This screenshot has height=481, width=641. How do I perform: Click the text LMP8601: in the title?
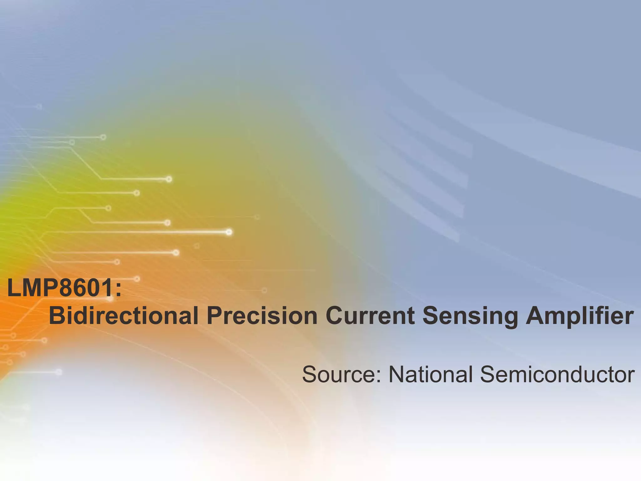(x=64, y=288)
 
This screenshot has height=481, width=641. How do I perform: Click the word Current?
(x=370, y=315)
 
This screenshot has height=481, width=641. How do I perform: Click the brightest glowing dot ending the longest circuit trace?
(x=229, y=232)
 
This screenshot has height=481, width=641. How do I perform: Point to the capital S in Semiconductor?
(x=488, y=374)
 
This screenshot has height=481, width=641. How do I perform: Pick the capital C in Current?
(x=336, y=315)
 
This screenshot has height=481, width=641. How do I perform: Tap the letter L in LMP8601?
(x=13, y=288)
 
